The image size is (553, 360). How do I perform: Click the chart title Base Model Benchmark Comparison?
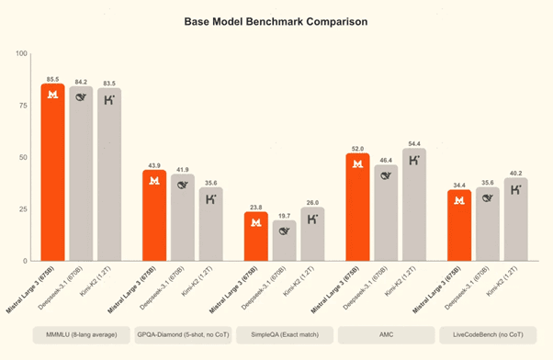276,19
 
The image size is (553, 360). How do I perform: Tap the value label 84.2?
81,80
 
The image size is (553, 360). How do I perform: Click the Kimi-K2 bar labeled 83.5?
109,174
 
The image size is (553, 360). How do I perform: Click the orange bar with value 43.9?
154,216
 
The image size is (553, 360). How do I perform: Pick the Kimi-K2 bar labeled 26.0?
312,234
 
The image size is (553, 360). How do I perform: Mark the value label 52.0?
358,147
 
